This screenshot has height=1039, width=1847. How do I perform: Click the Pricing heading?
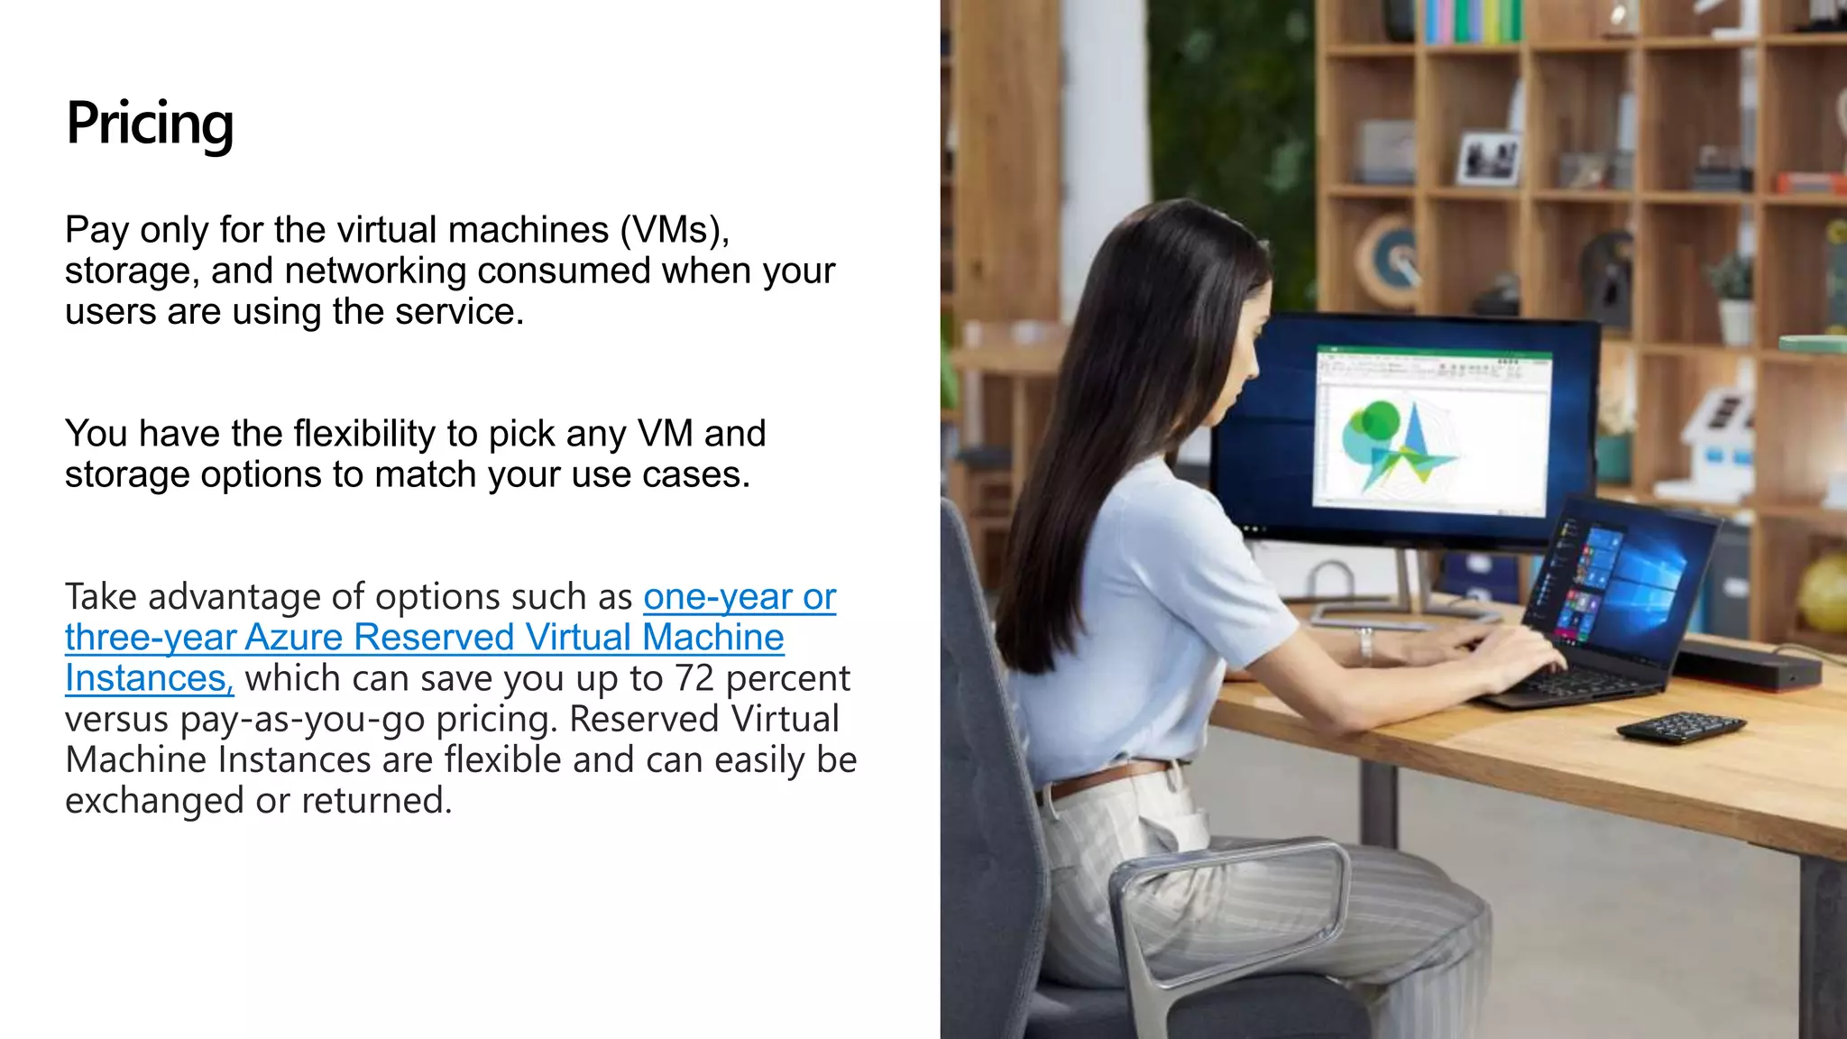150,124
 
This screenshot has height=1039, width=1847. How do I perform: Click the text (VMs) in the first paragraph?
674,231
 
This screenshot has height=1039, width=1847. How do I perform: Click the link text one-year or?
740,597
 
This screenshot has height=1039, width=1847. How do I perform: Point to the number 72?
694,679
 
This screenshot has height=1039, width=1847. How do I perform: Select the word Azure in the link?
294,639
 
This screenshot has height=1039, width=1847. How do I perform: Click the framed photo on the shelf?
1489,158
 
